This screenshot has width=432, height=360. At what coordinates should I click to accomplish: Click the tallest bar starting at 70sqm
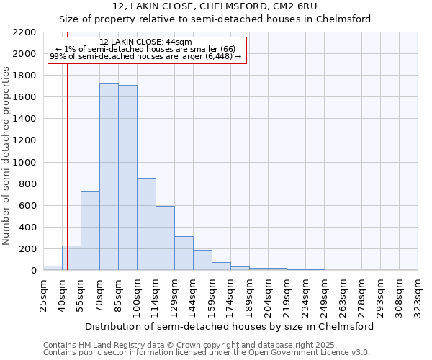109,176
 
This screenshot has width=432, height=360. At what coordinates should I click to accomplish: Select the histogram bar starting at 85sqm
127,178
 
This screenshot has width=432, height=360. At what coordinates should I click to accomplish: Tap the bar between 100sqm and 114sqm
146,224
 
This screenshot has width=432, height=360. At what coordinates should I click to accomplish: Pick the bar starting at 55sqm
90,230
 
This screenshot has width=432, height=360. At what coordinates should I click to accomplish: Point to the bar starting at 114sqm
165,238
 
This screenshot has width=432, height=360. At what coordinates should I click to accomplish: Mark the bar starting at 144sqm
202,260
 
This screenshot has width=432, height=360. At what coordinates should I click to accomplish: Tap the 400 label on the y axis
29,228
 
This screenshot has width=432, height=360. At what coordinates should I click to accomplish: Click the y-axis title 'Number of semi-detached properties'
7,156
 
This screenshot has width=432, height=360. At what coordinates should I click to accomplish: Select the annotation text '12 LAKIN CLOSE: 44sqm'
146,42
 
